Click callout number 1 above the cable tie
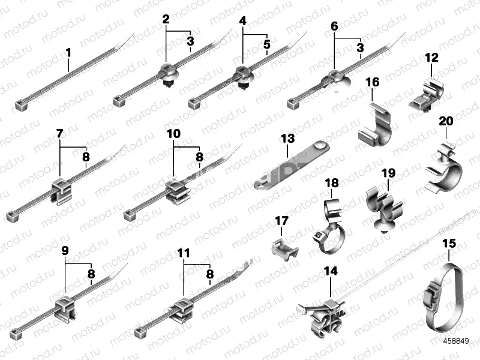(68, 53)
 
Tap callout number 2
(166, 19)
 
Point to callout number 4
(242, 21)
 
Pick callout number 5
(267, 44)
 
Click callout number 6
(334, 26)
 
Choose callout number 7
(60, 134)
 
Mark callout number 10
(173, 134)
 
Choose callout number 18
(332, 182)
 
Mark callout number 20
(446, 121)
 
